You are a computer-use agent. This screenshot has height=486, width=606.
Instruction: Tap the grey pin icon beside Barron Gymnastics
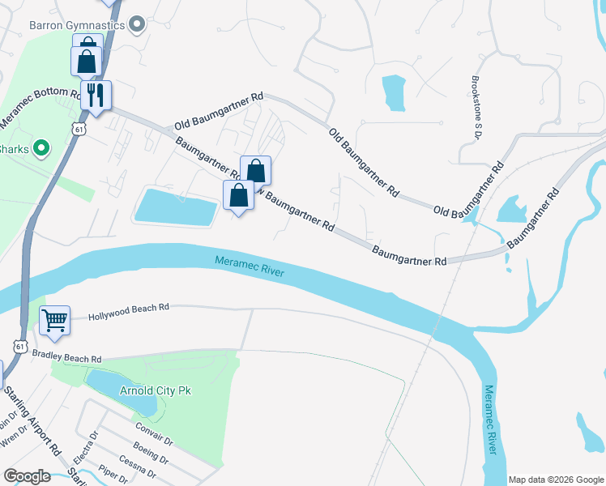coord(137,24)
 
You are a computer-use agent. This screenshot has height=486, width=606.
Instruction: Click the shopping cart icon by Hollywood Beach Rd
coord(54,319)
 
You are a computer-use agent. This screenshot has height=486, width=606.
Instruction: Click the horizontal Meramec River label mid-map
coord(250,265)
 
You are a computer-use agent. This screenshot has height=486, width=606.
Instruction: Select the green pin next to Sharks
coord(41,149)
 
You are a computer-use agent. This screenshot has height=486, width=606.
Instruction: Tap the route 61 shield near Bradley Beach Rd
coord(18,346)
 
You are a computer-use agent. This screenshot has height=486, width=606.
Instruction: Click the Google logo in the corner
coord(27,475)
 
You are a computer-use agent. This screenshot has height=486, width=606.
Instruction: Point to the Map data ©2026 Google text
coord(556,479)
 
